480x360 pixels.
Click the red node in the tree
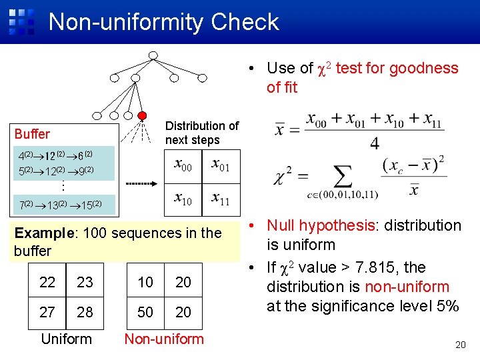[x=142, y=115]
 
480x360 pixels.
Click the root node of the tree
[x=153, y=55]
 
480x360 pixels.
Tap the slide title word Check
[x=245, y=22]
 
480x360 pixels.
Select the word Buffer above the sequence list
[x=32, y=134]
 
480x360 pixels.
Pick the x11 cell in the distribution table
[x=221, y=197]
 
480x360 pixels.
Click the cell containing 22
[x=47, y=282]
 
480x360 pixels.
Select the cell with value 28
[x=85, y=312]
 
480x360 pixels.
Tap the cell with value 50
[x=145, y=312]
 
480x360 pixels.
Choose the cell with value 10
[x=145, y=282]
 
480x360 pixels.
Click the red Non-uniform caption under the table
[x=164, y=339]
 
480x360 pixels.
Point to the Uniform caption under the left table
[x=66, y=339]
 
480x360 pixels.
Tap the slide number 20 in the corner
[x=459, y=345]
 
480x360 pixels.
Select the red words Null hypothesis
[x=317, y=225]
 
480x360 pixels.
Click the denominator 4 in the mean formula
[x=375, y=143]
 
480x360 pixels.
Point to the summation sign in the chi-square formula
[x=342, y=178]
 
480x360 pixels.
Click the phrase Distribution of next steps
[x=201, y=133]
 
